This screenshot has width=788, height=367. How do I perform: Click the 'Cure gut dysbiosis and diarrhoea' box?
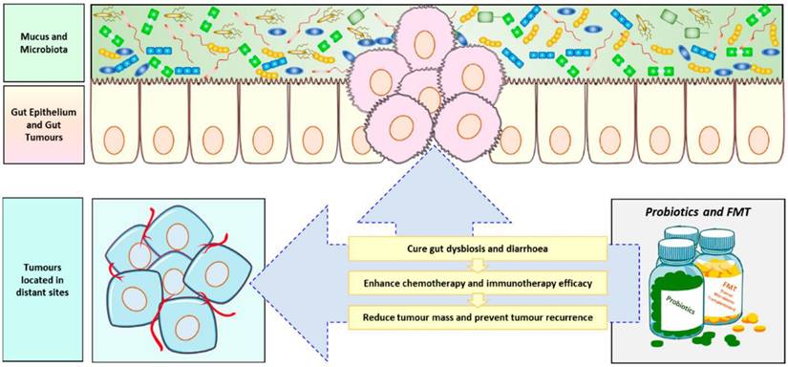pos(478,250)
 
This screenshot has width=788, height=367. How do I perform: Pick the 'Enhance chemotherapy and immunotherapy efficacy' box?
pos(478,283)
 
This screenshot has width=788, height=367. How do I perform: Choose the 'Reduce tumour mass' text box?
pos(478,316)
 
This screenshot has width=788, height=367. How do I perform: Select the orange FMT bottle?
pos(730,277)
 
